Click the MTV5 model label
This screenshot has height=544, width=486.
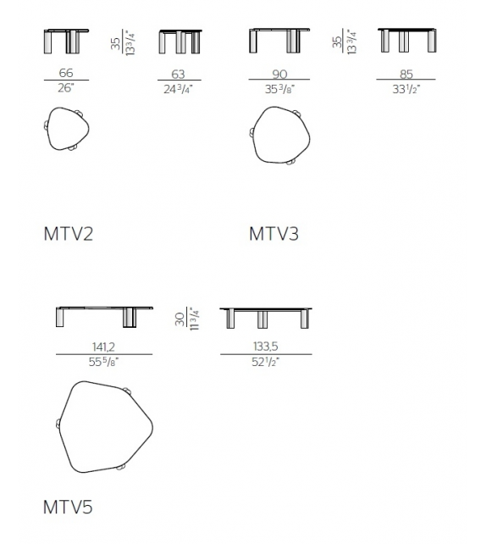pyautogui.click(x=68, y=508)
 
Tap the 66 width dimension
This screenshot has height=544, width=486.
pyautogui.click(x=66, y=74)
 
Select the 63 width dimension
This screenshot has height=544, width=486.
pyautogui.click(x=179, y=74)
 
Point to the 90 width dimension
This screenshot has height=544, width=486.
pyautogui.click(x=279, y=74)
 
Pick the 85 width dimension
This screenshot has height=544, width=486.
pyautogui.click(x=408, y=74)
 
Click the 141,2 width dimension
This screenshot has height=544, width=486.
pyautogui.click(x=104, y=347)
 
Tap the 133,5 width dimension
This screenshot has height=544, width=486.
pyautogui.click(x=266, y=347)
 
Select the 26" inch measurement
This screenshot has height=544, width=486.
pyautogui.click(x=66, y=88)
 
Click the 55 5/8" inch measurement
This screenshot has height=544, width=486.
pyautogui.click(x=104, y=362)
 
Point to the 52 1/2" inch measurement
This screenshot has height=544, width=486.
pyautogui.click(x=266, y=362)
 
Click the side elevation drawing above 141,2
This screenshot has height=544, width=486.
pyautogui.click(x=104, y=316)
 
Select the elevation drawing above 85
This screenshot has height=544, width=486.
pyautogui.click(x=407, y=40)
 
